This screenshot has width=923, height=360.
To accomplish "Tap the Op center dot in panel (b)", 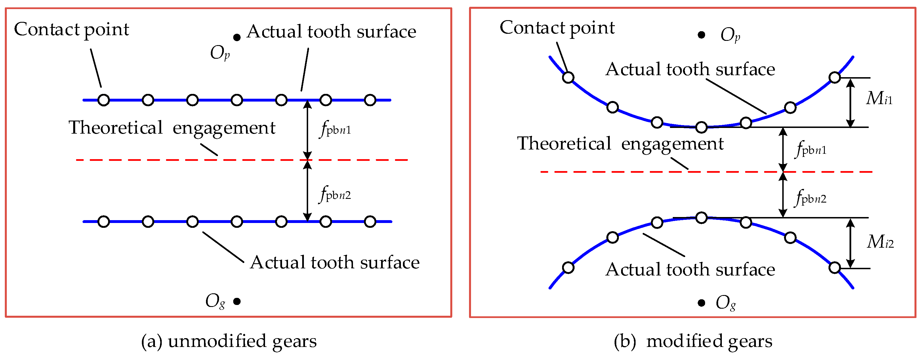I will [x=701, y=35].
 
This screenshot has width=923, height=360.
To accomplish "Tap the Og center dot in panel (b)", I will [x=701, y=303].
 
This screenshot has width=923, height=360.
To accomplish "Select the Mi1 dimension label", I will [x=879, y=98].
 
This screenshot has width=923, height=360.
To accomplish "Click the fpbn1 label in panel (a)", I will [x=335, y=129].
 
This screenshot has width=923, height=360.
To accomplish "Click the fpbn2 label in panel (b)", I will [x=810, y=198].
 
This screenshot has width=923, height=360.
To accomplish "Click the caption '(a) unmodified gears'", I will [x=229, y=341].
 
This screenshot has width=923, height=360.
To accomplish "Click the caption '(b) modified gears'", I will [x=693, y=341].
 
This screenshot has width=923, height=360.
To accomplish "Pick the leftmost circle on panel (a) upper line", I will [x=104, y=100].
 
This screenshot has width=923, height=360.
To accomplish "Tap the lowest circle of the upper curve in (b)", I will [x=701, y=127].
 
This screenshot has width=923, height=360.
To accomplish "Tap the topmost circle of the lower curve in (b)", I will [x=701, y=217].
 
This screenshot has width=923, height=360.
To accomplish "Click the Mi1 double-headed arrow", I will [x=850, y=102].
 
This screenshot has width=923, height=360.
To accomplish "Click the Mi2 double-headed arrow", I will [x=850, y=243].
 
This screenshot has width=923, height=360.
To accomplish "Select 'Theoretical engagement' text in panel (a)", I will [x=172, y=128].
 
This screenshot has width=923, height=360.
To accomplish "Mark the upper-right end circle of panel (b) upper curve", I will [x=834, y=77].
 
